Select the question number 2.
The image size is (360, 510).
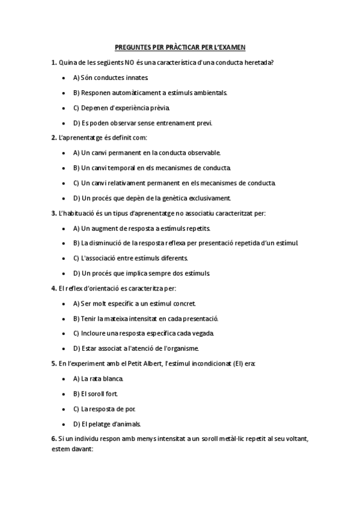54,138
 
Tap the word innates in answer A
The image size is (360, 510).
135,78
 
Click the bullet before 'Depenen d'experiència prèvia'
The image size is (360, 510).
64,108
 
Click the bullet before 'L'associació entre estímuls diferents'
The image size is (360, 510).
64,258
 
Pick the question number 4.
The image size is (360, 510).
54,288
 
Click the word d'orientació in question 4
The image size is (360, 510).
96,288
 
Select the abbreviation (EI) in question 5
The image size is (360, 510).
234,363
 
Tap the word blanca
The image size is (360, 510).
113,378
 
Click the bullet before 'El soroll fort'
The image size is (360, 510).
64,393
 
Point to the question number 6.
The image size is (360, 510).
54,439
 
